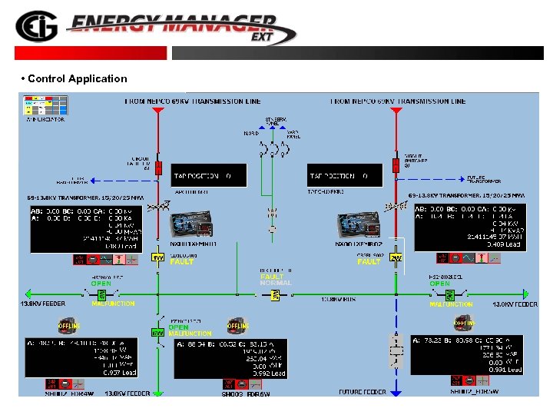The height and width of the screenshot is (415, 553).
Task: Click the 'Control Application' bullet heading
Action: click(x=75, y=78)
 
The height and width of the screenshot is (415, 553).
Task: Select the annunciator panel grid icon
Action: click(x=45, y=105)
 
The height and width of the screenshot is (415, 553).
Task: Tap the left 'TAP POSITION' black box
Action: click(x=210, y=176)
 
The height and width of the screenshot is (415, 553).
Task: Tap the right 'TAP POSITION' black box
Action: click(x=344, y=176)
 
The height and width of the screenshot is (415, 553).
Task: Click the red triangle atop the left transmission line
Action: click(x=157, y=112)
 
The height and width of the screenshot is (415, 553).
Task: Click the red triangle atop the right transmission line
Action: click(x=396, y=112)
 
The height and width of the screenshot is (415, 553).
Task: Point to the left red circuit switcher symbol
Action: click(x=157, y=167)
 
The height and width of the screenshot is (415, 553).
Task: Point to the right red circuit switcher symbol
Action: click(x=396, y=167)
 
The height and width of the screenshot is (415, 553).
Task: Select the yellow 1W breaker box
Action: click(x=157, y=257)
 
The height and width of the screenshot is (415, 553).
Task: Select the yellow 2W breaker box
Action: click(x=396, y=257)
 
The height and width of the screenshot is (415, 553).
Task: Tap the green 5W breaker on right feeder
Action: click(x=450, y=294)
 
